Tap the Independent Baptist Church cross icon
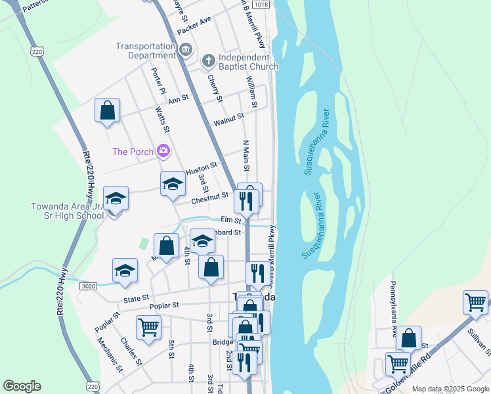tap(209, 62)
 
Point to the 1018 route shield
tap(261, 5)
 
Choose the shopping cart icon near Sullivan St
tap(475, 302)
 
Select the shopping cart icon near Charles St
tap(148, 326)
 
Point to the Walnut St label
tap(228, 120)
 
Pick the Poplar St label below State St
tap(164, 305)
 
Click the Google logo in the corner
tap(22, 386)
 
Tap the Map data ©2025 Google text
tap(450, 389)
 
